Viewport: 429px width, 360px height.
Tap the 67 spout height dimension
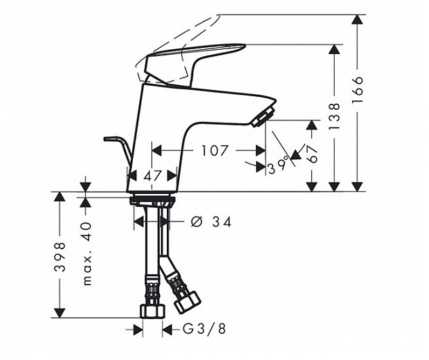[312, 154]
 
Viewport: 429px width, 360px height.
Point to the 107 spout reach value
[214, 150]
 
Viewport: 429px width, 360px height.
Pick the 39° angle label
[278, 167]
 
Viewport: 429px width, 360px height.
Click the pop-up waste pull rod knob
[110, 139]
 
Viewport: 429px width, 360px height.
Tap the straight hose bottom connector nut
[151, 310]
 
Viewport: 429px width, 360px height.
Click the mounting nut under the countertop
[152, 201]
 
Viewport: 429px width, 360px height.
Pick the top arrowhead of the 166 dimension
[357, 19]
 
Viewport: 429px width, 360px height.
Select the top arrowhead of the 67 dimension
[312, 125]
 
